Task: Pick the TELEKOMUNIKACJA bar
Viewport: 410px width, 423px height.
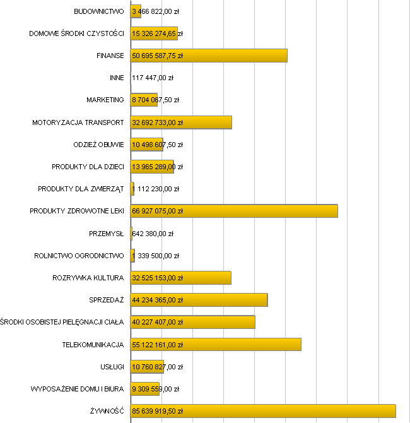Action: [x=246, y=345]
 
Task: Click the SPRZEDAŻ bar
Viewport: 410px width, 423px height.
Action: [x=227, y=300]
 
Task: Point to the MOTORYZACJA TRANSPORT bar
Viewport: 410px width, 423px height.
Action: [x=208, y=122]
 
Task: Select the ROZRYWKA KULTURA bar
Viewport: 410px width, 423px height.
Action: [x=208, y=278]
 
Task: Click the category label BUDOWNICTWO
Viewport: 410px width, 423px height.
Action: [x=98, y=11]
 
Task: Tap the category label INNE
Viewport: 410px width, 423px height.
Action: [x=117, y=78]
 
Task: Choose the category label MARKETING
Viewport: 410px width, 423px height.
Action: [x=105, y=100]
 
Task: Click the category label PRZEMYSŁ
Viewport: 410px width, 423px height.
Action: [x=107, y=234]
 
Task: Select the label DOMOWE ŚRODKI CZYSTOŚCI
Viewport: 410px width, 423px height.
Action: [x=76, y=33]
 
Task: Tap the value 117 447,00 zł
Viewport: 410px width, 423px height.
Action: [x=153, y=78]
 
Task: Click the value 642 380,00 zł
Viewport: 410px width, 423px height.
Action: [x=153, y=234]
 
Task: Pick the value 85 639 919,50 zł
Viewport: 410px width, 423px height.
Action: [x=157, y=411]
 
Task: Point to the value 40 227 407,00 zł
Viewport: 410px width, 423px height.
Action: [x=157, y=322]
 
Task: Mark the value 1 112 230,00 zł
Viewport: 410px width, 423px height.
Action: [x=156, y=189]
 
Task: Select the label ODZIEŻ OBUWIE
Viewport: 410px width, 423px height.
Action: [x=98, y=145]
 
